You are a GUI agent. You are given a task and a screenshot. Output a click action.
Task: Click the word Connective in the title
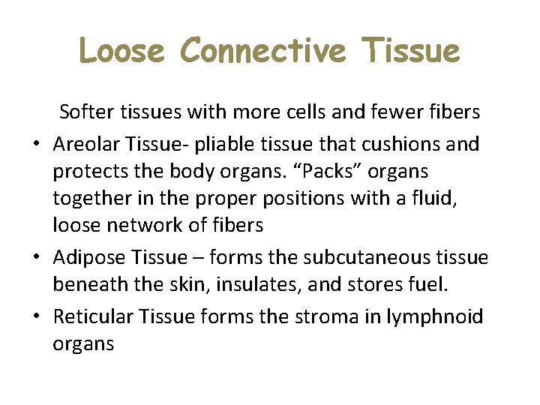(x=263, y=51)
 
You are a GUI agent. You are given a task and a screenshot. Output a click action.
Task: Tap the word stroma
(x=324, y=316)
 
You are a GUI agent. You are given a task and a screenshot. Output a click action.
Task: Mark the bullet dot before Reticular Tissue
(x=36, y=317)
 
